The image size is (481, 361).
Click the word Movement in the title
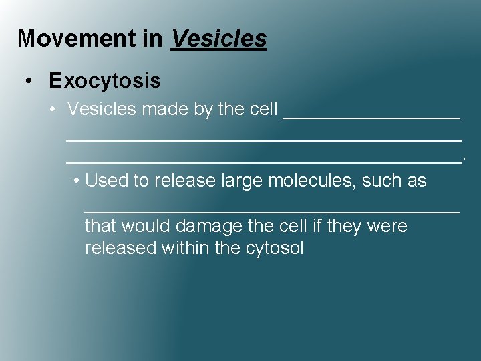(77, 39)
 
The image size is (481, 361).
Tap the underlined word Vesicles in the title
(219, 39)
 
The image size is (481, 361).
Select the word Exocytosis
(105, 81)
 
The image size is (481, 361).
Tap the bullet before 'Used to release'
(77, 180)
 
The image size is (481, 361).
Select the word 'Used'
(106, 180)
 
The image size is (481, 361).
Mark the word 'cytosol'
(275, 249)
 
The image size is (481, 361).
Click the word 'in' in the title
(152, 39)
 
